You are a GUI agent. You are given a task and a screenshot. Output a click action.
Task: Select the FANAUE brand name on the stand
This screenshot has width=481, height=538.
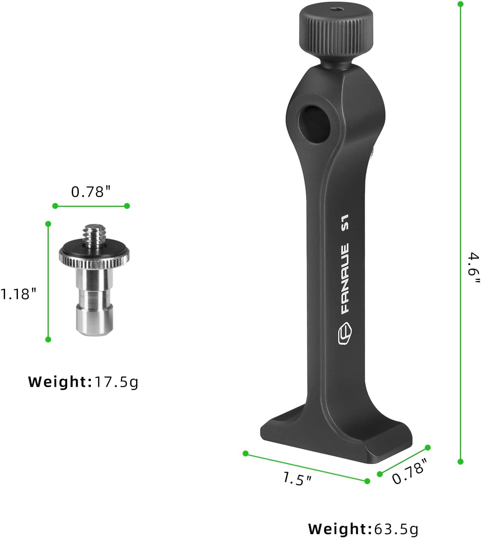pyautogui.click(x=345, y=279)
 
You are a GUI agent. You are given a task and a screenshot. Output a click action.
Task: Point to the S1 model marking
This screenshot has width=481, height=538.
pyautogui.click(x=345, y=222)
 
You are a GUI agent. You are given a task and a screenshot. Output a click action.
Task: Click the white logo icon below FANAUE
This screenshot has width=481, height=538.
pyautogui.click(x=345, y=334)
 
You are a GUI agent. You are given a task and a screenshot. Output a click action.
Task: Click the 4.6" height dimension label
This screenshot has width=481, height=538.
pyautogui.click(x=473, y=269)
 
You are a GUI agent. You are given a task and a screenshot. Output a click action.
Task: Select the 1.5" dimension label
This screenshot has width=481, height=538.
pyautogui.click(x=297, y=479)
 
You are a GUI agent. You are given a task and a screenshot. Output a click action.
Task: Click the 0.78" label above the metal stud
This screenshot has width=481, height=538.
pyautogui.click(x=91, y=192)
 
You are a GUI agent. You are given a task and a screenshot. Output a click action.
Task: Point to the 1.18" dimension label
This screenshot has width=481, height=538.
pyautogui.click(x=18, y=294)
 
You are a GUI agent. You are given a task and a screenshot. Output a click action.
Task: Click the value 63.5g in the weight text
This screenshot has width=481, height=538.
pyautogui.click(x=396, y=529)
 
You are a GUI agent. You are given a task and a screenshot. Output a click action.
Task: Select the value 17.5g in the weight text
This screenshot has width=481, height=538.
pyautogui.click(x=116, y=381)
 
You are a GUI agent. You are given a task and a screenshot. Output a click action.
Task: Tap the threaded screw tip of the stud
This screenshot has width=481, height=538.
pyautogui.click(x=93, y=236)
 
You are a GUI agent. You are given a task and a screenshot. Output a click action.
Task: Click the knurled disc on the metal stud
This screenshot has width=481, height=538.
pyautogui.click(x=94, y=257)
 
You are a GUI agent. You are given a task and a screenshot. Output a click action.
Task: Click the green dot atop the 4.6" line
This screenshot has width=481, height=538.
pyautogui.click(x=460, y=4)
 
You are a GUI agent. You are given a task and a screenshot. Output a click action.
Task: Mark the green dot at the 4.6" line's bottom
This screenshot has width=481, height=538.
pyautogui.click(x=460, y=461)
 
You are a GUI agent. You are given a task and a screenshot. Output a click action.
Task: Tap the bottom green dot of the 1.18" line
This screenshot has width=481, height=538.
pyautogui.click(x=48, y=339)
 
